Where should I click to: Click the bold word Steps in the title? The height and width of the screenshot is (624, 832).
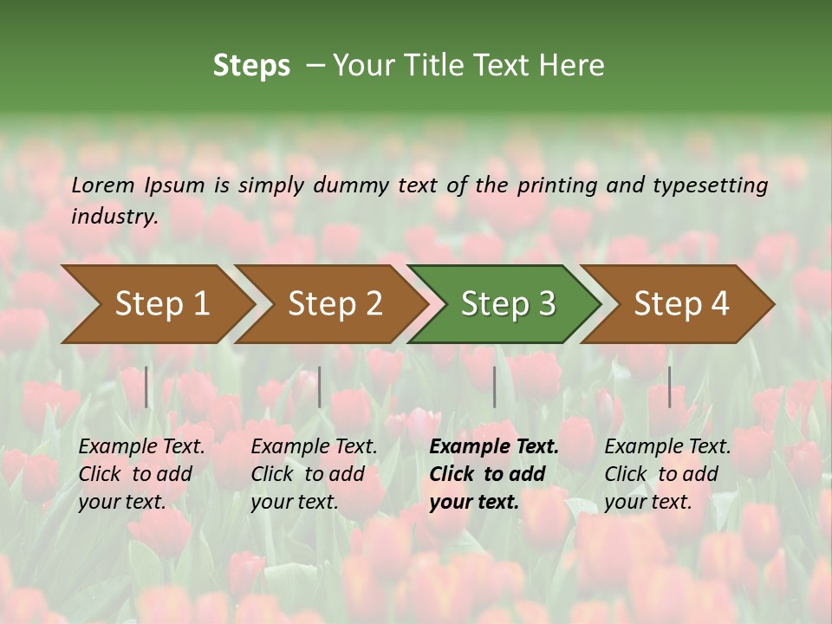251,66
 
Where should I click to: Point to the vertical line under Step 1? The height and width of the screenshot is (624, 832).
146,387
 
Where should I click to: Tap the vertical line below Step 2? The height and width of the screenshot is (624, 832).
320,387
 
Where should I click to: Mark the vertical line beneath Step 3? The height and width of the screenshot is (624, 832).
495,387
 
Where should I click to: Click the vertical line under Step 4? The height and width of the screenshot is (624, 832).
669,387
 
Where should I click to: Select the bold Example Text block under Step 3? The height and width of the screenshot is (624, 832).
494,474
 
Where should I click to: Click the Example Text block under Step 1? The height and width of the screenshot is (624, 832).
141,474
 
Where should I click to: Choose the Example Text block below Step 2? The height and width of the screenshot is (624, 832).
314,474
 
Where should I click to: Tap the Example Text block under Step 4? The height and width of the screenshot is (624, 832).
667,474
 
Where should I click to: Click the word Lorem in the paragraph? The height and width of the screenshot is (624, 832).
102,185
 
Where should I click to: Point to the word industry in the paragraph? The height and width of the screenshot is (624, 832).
114,216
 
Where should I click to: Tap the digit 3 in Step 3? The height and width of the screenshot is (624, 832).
546,304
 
